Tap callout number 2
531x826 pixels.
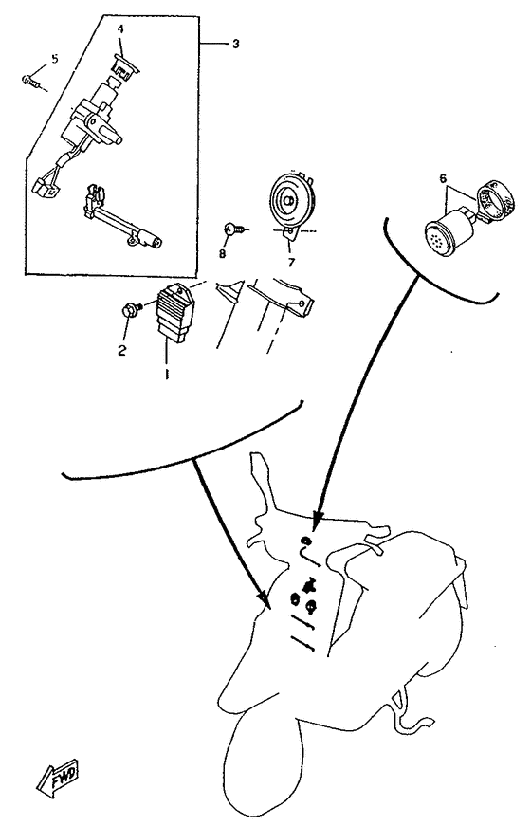pos(121,350)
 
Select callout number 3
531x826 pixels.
pos(235,44)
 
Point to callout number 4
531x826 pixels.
pos(120,29)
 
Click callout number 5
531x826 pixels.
pos(55,58)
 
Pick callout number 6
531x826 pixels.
pos(443,179)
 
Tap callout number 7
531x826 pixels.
pos(291,262)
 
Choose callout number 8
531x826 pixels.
pos(222,254)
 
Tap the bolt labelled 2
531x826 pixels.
pos(132,309)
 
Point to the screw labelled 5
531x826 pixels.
pos(30,81)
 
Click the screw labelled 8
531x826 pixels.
pos(234,229)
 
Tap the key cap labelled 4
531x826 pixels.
pos(125,65)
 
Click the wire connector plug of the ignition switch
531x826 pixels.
pos(44,189)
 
